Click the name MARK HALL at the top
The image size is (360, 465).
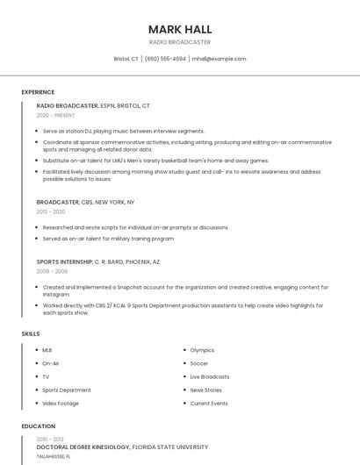tap(180, 29)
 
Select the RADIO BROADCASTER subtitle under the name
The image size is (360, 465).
tap(180, 42)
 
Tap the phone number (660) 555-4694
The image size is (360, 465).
tap(165, 59)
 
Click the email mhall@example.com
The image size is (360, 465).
tap(219, 59)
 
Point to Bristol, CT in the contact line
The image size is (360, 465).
tap(126, 59)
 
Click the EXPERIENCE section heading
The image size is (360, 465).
tap(38, 92)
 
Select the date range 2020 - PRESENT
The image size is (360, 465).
tap(55, 115)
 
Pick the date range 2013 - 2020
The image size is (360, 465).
tap(51, 211)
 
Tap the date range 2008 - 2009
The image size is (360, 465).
tap(51, 271)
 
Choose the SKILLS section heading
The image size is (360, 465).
tap(31, 334)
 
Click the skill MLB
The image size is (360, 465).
tap(47, 350)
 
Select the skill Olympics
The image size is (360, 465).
tap(202, 350)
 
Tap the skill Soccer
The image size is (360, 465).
tap(199, 363)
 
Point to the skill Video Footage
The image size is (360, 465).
tap(61, 404)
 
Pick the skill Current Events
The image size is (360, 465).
tap(209, 404)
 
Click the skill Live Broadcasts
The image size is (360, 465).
tap(210, 376)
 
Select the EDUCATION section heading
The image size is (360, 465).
tap(38, 426)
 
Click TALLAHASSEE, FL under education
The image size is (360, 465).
tap(54, 457)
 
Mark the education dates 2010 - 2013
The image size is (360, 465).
tap(50, 439)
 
